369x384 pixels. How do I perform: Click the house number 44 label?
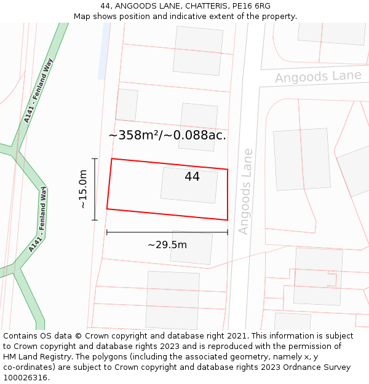click(192, 177)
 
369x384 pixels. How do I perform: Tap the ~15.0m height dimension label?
click(84, 189)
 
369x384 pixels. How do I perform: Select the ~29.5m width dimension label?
click(167, 245)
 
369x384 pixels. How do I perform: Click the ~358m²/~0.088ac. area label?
click(167, 135)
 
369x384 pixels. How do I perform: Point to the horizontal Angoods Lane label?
click(318, 77)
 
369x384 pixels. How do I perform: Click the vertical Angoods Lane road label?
click(245, 191)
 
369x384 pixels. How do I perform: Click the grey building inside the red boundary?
click(189, 185)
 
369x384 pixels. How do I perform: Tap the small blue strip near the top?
click(104, 52)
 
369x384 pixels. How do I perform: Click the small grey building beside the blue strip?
click(127, 105)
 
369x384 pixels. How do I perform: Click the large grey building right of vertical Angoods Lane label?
click(301, 159)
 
